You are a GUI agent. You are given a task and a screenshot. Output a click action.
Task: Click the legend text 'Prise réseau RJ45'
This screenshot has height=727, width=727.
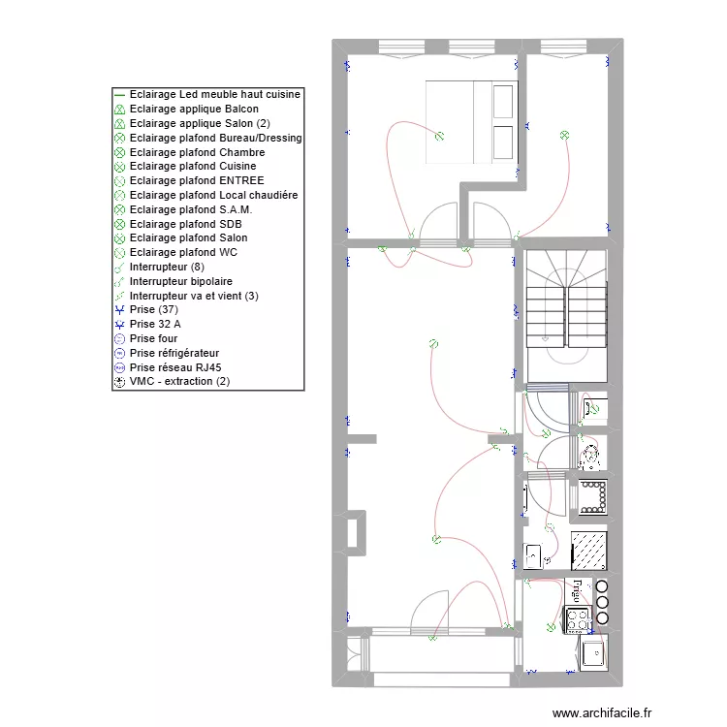(x=175, y=367)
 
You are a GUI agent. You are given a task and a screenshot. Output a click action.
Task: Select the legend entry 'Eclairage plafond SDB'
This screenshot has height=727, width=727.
(x=185, y=225)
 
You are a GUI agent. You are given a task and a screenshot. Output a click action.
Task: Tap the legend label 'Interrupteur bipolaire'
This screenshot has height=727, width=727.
(x=181, y=281)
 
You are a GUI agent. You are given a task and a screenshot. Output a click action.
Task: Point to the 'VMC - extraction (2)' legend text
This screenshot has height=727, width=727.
(x=179, y=382)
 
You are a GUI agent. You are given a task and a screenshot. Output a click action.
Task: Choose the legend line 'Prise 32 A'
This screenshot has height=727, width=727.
(x=155, y=324)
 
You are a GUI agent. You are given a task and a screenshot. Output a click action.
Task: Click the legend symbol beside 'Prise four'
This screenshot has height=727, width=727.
(x=119, y=339)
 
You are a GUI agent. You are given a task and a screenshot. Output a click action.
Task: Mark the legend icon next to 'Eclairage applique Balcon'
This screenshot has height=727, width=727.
(x=119, y=110)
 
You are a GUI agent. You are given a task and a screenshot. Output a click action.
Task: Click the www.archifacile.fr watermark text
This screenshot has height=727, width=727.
(x=602, y=713)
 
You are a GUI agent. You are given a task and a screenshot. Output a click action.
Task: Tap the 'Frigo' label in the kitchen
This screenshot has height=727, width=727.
(x=578, y=590)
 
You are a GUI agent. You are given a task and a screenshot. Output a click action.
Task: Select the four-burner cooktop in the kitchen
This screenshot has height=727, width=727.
(x=578, y=620)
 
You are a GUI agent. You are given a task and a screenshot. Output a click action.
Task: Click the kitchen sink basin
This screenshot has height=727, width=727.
(x=593, y=653)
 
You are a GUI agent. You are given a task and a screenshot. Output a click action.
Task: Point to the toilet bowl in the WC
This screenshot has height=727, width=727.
(x=590, y=457)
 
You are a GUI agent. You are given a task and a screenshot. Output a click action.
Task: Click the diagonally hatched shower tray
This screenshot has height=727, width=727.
(x=588, y=551)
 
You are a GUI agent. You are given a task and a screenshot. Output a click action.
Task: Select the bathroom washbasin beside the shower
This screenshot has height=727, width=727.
(x=533, y=555)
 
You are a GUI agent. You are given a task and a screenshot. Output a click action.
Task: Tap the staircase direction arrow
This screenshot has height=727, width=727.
(x=545, y=339)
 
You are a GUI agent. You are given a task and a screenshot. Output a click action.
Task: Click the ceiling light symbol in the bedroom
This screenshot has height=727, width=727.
(x=439, y=136)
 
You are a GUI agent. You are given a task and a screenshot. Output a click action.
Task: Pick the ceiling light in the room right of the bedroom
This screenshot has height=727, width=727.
(x=564, y=136)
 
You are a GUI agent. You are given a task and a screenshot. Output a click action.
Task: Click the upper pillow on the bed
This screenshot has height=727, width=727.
(x=503, y=102)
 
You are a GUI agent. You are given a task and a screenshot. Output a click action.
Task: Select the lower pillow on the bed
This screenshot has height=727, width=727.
(x=503, y=142)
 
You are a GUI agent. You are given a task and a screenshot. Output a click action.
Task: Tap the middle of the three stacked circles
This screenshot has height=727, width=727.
(x=602, y=602)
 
